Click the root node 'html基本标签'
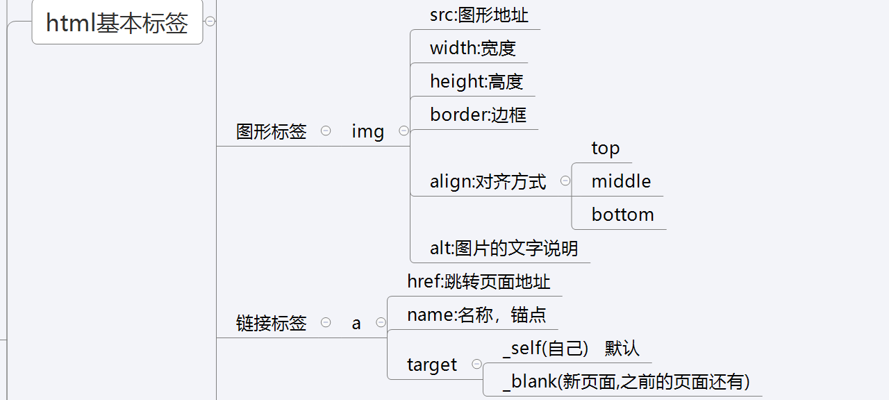click(117, 23)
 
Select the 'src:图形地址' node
click(474, 15)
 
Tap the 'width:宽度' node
click(473, 49)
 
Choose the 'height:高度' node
click(476, 82)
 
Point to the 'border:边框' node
click(478, 115)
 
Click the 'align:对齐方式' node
click(488, 182)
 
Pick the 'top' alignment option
click(605, 149)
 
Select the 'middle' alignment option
click(621, 182)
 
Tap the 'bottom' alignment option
click(622, 215)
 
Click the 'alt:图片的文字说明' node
click(504, 249)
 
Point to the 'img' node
click(368, 132)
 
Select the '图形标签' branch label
click(272, 132)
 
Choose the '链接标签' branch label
click(272, 324)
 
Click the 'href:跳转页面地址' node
click(479, 282)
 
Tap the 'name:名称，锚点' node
click(476, 315)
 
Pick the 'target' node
click(432, 365)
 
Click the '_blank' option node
click(625, 382)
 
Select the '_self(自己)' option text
click(545, 349)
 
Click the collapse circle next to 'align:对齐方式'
click(565, 181)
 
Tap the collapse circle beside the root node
click(210, 22)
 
